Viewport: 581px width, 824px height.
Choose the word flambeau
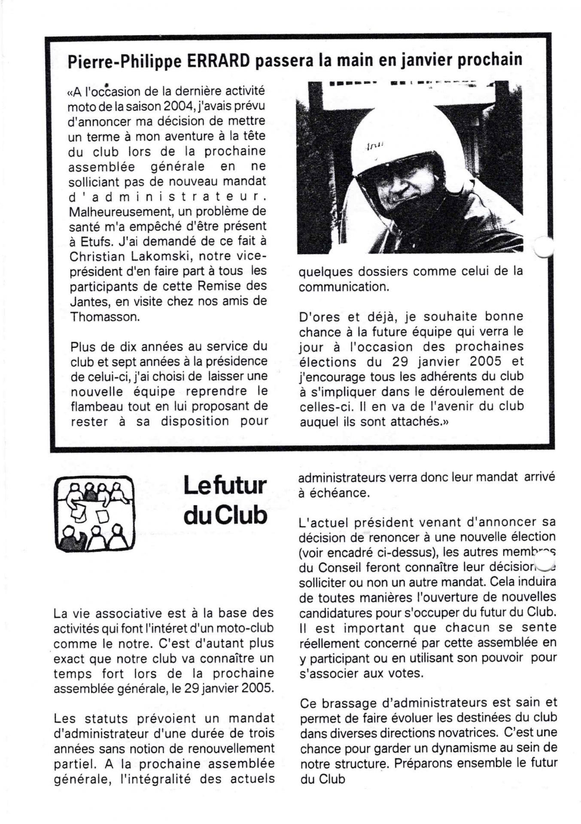point(99,406)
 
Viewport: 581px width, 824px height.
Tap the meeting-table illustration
point(94,513)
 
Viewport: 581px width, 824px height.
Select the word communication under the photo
point(344,287)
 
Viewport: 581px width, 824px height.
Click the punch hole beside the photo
point(543,248)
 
